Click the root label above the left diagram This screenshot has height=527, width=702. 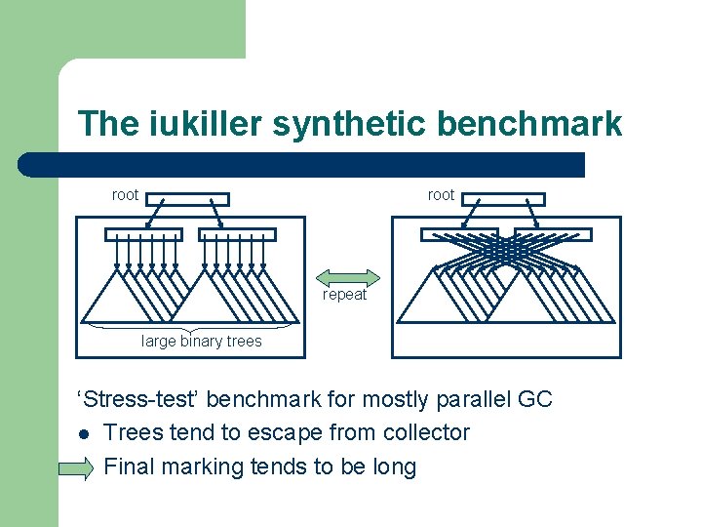(125, 195)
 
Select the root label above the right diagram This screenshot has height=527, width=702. (441, 195)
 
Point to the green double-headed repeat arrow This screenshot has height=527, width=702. (349, 277)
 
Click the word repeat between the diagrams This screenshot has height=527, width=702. (344, 295)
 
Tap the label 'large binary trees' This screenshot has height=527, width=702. (202, 341)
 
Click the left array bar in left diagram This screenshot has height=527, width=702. (144, 234)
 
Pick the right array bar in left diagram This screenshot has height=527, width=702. (238, 234)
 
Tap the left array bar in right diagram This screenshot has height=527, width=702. (459, 234)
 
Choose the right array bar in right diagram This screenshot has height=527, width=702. (553, 234)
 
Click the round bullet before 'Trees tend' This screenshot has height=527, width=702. (84, 433)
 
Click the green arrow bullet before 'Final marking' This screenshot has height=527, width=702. (77, 468)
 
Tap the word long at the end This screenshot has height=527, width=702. (394, 467)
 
